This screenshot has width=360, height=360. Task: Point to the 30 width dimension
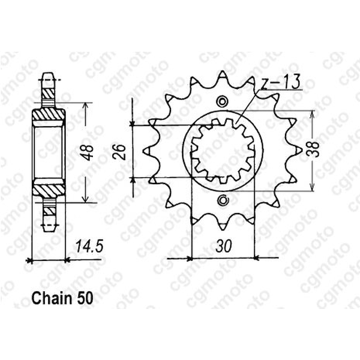click(x=223, y=246)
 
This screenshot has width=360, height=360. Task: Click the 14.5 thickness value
click(x=86, y=246)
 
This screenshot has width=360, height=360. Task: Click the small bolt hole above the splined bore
click(x=224, y=101)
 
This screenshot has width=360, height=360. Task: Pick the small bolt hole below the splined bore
click(x=224, y=200)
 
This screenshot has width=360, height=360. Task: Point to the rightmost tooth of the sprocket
click(x=296, y=150)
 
